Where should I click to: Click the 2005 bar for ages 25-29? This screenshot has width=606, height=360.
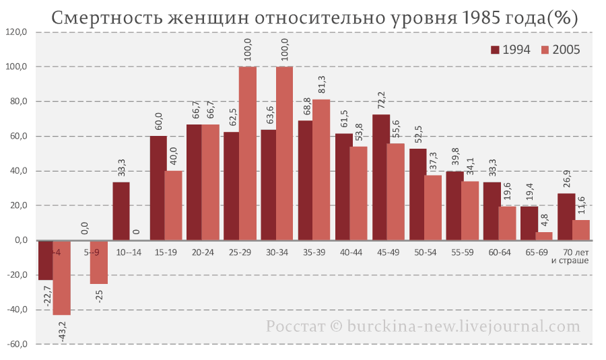(x=248, y=153)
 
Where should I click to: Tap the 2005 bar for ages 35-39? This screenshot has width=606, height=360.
(x=321, y=170)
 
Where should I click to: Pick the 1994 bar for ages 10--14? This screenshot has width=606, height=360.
(x=121, y=211)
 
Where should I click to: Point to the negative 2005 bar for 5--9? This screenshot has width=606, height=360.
(x=99, y=262)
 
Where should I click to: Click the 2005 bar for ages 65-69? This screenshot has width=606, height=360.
(x=544, y=236)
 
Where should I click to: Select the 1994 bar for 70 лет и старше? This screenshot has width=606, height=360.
(x=566, y=217)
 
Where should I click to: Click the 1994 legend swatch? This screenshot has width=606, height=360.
(x=495, y=50)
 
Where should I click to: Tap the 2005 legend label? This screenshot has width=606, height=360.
(x=566, y=50)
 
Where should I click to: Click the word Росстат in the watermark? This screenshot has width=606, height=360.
(x=294, y=326)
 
